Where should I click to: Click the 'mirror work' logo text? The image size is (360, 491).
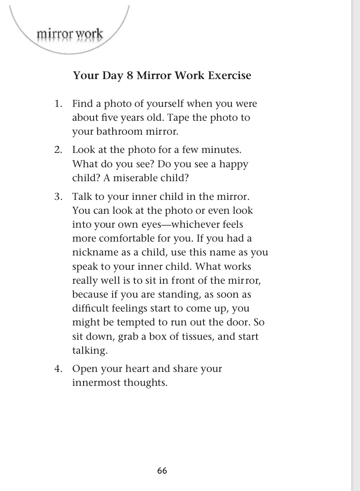(70, 33)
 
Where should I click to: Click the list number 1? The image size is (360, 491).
(58, 104)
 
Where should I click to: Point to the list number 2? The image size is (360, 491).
(58, 150)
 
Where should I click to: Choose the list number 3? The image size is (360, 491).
(58, 196)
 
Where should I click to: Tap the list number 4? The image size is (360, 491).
(58, 369)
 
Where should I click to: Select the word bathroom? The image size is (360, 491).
(115, 132)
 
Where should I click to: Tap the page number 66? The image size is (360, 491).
(162, 471)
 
